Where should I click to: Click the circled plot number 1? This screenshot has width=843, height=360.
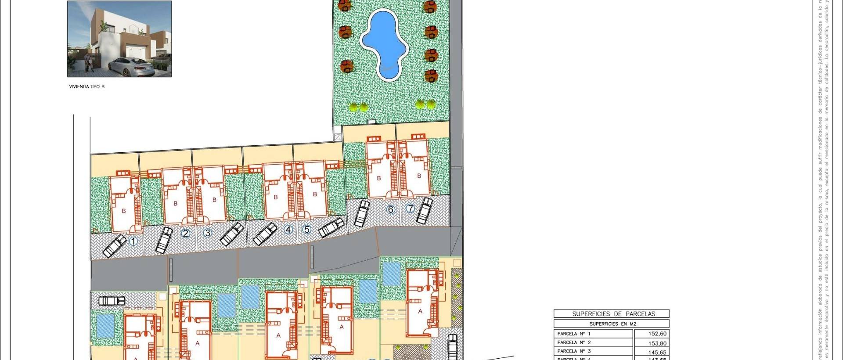[x=133, y=241]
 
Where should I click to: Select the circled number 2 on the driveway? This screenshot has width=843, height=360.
[x=185, y=233]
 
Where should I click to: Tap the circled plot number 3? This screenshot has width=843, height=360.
[x=207, y=233]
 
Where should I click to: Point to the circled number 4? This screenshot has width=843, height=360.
[x=288, y=229]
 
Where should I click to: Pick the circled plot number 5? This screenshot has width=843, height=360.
[x=306, y=229]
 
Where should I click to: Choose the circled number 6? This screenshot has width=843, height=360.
[x=390, y=209]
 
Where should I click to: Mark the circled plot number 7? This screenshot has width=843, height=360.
[x=410, y=209]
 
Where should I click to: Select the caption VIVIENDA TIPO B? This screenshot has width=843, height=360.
[x=87, y=87]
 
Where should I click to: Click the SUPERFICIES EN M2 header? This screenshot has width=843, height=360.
[x=612, y=324]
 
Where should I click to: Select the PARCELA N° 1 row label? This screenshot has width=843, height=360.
[x=574, y=334]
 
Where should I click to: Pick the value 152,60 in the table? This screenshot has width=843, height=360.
[x=657, y=334]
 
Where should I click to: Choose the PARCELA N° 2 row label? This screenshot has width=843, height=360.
[x=574, y=342]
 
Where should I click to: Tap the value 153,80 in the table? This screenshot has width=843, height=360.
[x=657, y=343]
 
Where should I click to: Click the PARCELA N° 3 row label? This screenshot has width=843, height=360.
[x=574, y=351]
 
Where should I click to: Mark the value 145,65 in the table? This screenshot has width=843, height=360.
[x=657, y=352]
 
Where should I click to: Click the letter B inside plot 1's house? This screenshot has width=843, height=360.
[x=124, y=211]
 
